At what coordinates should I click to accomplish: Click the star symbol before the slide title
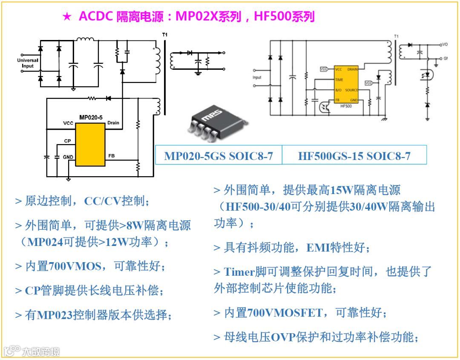coord(67,17)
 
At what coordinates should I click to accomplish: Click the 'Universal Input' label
coord(28,63)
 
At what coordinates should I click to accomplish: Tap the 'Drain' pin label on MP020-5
coord(113,123)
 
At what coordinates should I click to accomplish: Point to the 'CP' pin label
coord(67,140)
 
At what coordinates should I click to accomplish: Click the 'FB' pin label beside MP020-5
coord(112,156)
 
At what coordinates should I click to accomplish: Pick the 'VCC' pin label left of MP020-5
coord(68,123)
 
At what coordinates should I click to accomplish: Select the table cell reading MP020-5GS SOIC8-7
coord(218,156)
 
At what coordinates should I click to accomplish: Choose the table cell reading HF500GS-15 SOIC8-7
coord(354,156)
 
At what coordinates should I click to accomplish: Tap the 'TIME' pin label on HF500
coord(339,80)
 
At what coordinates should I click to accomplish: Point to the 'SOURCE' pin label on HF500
coord(351,90)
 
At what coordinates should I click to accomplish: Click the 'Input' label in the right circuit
coord(257,77)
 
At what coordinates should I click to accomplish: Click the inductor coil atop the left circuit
coord(85,40)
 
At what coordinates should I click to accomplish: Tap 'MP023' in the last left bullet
coord(54,315)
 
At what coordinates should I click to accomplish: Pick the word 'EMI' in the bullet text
coord(318,247)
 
